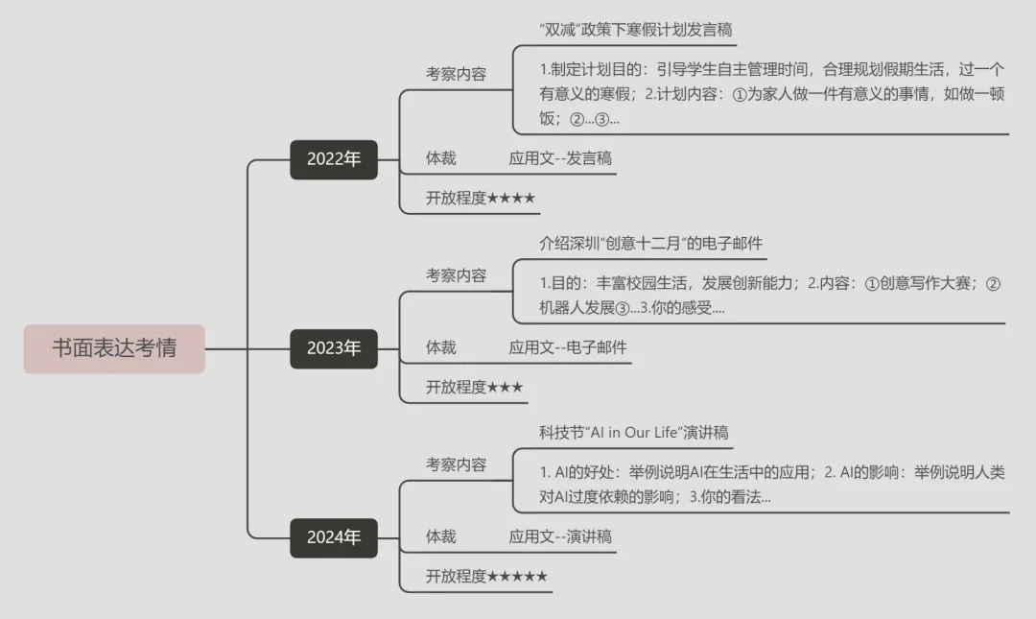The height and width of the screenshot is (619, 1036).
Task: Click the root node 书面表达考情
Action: click(x=114, y=347)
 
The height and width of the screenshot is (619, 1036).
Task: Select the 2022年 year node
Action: click(x=334, y=159)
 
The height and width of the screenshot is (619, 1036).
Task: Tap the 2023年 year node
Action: click(x=334, y=348)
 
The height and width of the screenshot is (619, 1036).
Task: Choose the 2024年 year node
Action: click(x=334, y=537)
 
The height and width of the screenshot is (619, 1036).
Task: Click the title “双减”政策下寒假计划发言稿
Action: click(x=637, y=30)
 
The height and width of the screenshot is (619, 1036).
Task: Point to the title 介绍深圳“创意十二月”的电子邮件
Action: click(x=651, y=243)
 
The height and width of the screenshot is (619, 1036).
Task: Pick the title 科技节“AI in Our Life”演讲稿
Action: click(x=634, y=433)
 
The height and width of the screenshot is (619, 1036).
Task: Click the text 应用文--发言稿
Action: click(x=560, y=158)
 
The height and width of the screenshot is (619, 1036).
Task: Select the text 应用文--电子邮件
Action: click(x=568, y=347)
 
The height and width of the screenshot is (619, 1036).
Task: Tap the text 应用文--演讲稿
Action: click(x=560, y=536)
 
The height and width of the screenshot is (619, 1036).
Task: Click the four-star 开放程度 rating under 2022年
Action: click(x=481, y=199)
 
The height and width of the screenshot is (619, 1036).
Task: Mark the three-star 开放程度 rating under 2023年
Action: click(x=475, y=388)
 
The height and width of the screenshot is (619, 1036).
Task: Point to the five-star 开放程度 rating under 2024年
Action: click(x=487, y=577)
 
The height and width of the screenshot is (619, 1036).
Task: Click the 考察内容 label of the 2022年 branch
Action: click(x=456, y=74)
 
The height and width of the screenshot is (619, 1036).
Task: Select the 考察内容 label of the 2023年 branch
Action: click(x=456, y=275)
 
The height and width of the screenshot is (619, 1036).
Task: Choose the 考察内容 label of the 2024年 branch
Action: click(x=456, y=464)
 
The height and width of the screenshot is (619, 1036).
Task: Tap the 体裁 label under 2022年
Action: click(x=441, y=158)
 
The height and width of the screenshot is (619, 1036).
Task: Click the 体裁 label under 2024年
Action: click(x=441, y=536)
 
